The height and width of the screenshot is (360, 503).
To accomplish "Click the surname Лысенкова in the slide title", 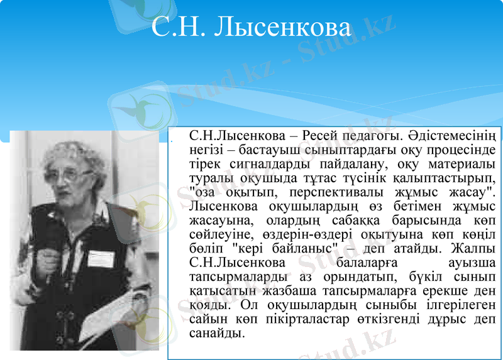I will tap(282, 28).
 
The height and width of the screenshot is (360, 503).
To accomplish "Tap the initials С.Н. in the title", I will tap(180, 28).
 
